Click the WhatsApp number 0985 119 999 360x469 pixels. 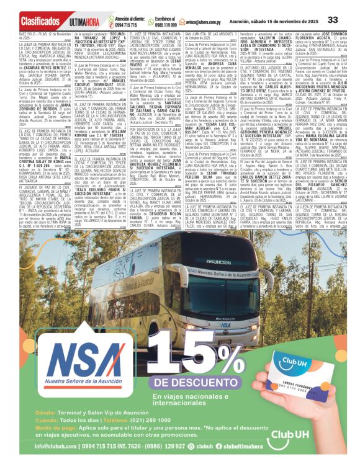click(x=164, y=25)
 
